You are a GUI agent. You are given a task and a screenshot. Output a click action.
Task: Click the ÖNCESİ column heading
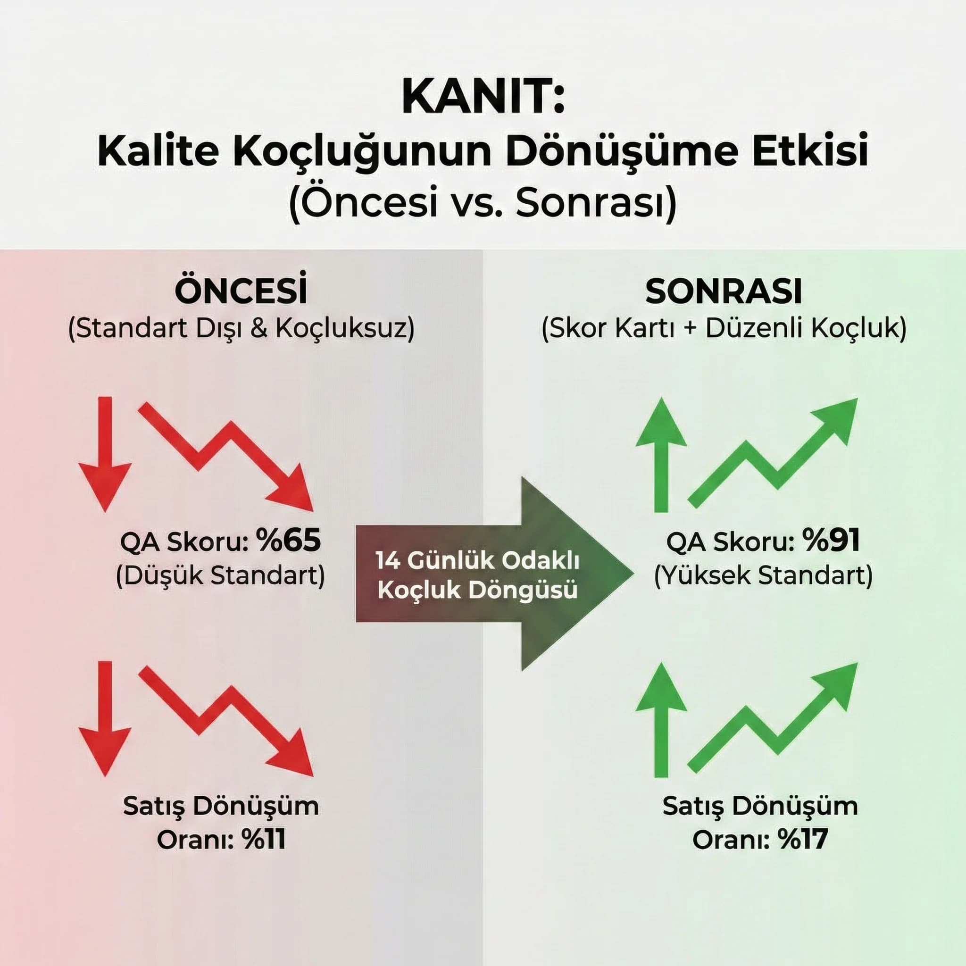click(x=241, y=291)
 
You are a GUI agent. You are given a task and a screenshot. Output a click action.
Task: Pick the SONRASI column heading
click(x=724, y=291)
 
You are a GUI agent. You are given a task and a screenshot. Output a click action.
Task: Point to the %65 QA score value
click(x=288, y=541)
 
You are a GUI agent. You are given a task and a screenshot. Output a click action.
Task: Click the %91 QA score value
click(x=831, y=541)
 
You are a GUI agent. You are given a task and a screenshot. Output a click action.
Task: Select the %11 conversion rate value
click(x=264, y=840)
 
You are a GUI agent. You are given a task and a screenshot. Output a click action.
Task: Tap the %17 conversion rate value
click(x=803, y=840)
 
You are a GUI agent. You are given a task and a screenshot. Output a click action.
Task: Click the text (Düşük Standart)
click(x=220, y=575)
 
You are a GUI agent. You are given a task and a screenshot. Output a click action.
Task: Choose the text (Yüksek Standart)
click(x=764, y=575)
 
